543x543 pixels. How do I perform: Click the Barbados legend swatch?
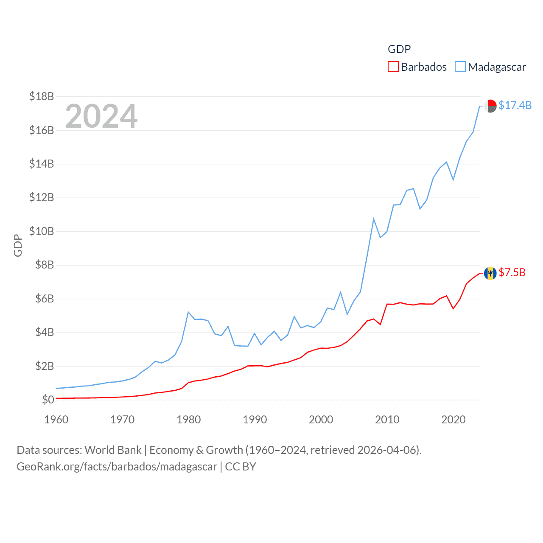coord(393,67)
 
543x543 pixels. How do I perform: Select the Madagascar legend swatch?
coord(460,67)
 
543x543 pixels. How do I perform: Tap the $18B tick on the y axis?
coord(42,96)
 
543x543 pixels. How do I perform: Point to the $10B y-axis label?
coord(42,231)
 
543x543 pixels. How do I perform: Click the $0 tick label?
coord(48,400)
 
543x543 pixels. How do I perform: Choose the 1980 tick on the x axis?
coord(189,420)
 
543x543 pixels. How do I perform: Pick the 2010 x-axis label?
coord(387,420)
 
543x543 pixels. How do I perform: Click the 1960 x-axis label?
coord(56,420)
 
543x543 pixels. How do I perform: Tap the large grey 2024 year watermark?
coord(101,116)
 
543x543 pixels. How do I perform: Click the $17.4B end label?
coord(515,105)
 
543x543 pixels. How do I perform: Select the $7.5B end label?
coord(512,272)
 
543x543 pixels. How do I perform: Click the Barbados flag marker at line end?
coord(490,273)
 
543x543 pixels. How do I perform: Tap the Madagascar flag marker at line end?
coord(490,106)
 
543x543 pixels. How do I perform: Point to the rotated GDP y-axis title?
coord(18,245)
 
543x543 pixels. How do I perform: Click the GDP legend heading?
coord(399,49)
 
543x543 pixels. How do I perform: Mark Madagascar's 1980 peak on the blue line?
coord(188,312)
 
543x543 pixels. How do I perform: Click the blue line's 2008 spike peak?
coord(374,219)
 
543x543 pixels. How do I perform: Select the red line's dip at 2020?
coord(453,308)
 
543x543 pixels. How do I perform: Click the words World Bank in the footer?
coord(113,450)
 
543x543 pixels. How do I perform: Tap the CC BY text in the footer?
coord(241,467)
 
